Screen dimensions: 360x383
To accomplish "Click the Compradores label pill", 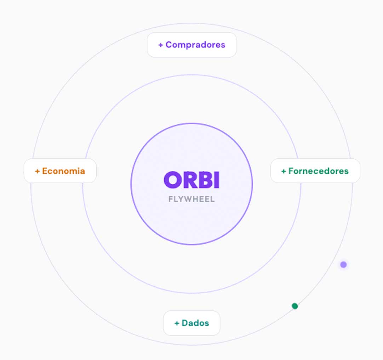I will [x=191, y=45].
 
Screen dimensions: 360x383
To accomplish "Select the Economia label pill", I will [x=60, y=171].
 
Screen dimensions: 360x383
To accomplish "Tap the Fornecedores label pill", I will [x=315, y=171].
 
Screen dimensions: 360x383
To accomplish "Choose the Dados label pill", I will [x=191, y=323].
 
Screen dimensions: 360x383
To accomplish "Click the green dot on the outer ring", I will [x=295, y=306].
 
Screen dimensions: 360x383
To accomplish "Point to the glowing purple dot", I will [x=343, y=264].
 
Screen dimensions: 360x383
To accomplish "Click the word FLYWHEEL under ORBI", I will [x=191, y=199].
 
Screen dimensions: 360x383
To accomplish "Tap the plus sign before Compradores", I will [x=161, y=45].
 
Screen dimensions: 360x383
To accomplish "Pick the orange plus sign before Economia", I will [x=37, y=171].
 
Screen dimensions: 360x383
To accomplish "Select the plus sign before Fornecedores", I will [x=284, y=171].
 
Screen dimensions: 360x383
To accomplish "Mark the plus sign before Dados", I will [x=177, y=323].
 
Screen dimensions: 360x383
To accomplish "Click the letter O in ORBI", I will [x=172, y=180].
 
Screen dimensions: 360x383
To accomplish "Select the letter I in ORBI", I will [x=217, y=180].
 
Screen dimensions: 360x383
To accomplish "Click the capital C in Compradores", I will [x=168, y=45].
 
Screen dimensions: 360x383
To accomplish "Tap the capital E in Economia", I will [x=45, y=171].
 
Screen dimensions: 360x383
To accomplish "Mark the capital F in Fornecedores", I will [x=291, y=171].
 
